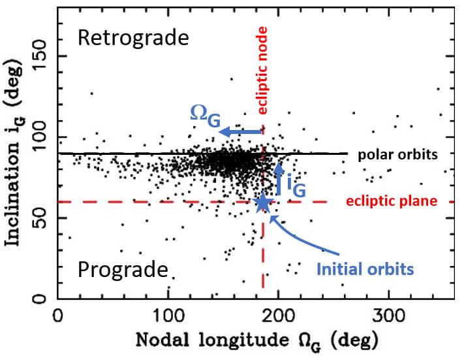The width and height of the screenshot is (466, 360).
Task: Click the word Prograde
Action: [x=123, y=269]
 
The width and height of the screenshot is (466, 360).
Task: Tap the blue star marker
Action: [x=262, y=203]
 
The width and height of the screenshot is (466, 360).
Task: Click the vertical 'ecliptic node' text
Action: [x=262, y=72]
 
